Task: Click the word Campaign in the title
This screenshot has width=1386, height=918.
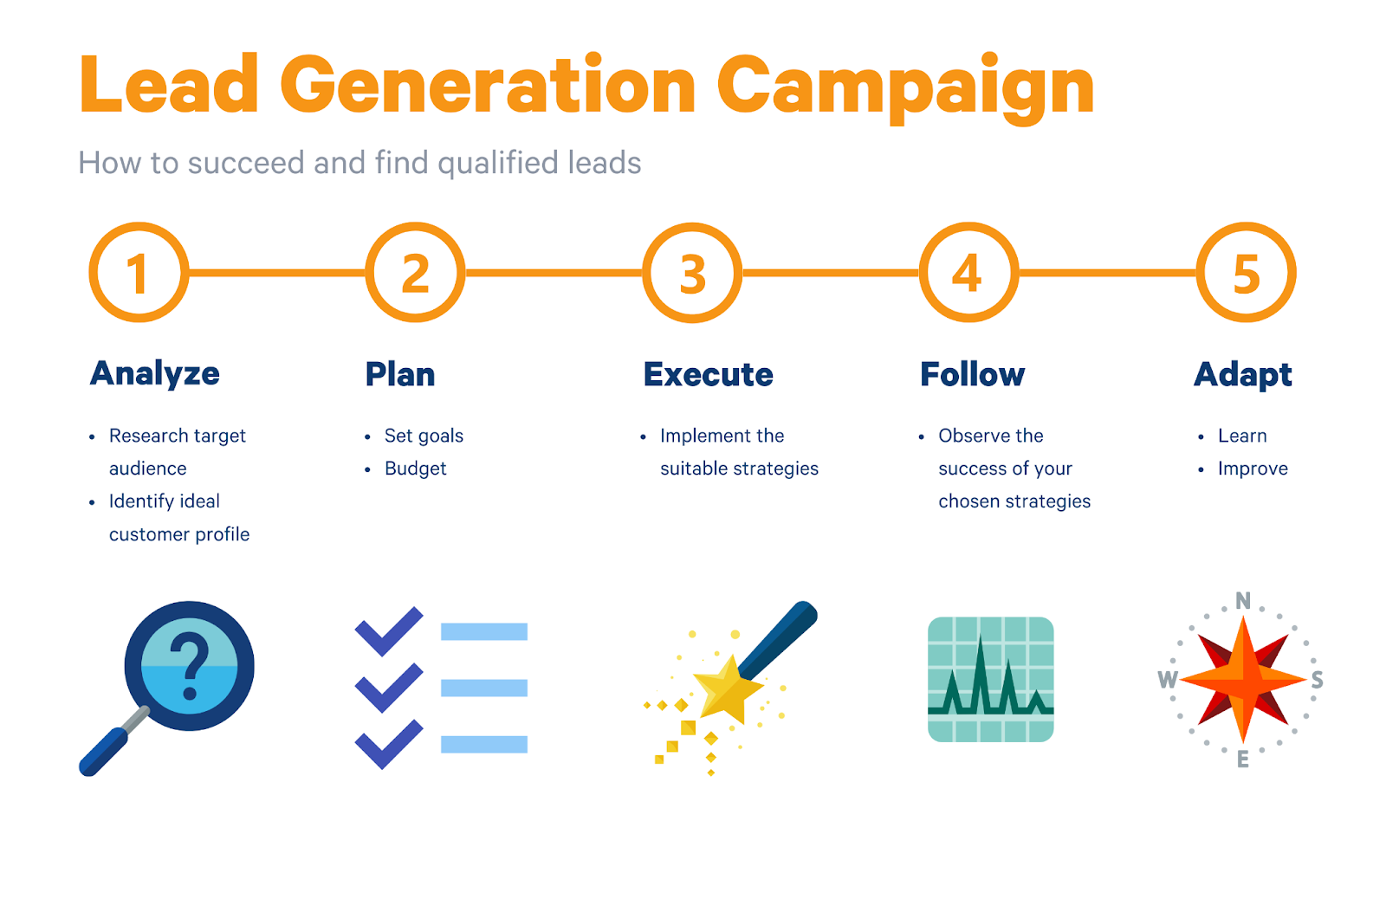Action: (x=905, y=87)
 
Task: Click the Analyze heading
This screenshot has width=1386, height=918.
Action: (x=155, y=374)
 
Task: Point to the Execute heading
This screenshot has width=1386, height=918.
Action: (x=709, y=374)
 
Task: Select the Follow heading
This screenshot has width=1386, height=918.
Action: (x=973, y=374)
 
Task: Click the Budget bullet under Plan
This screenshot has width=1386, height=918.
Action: (x=415, y=469)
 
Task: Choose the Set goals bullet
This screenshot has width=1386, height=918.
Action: (x=424, y=436)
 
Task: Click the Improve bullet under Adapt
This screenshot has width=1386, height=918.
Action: (x=1253, y=469)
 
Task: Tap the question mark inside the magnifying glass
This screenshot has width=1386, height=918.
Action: (x=190, y=666)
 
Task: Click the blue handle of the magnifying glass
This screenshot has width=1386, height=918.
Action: (x=103, y=752)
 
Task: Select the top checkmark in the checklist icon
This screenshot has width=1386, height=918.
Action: (x=389, y=631)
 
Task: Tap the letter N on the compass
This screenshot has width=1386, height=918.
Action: (x=1243, y=601)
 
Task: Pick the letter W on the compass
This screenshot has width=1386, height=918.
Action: (x=1169, y=680)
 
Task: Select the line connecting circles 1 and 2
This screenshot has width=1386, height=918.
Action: (x=277, y=273)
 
